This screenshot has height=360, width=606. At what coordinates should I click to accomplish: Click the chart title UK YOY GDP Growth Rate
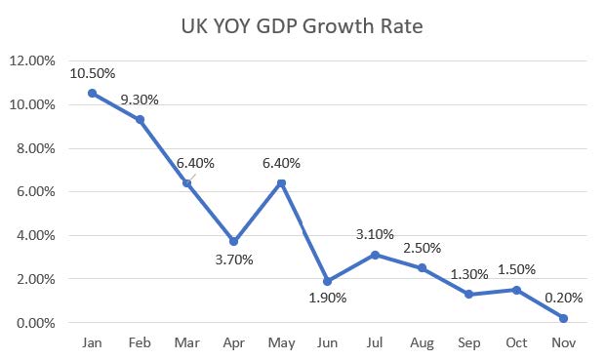pos(302,26)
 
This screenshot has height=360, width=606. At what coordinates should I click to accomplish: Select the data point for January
pos(92,93)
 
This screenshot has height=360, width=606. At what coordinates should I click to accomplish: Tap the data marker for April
pos(233,241)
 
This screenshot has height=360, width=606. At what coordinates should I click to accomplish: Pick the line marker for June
pos(327,281)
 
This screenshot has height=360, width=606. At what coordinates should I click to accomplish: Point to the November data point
pos(563,318)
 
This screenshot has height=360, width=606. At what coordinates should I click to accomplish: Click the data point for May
pos(281,183)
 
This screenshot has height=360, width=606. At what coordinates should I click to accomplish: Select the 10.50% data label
pos(93,73)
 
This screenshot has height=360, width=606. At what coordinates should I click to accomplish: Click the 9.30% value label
pos(140,100)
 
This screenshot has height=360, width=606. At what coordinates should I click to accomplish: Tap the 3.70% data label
pos(234,260)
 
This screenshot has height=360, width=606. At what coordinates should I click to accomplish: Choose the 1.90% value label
pos(327,298)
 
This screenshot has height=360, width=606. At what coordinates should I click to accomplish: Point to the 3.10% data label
pos(375,234)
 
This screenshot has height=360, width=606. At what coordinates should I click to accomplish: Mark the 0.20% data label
pos(563,298)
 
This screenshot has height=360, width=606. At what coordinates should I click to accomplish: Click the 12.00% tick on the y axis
pos(32,60)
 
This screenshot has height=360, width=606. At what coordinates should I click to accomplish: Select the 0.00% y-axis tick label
pos(35,323)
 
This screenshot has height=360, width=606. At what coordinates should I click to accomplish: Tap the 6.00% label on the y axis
pos(35,191)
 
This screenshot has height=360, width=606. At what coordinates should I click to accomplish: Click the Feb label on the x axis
pos(140,342)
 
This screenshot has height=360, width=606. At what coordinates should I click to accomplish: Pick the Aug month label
pos(422,342)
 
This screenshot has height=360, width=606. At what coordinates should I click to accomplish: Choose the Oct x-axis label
pos(516,342)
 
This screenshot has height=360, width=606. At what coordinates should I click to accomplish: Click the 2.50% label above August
pos(422,248)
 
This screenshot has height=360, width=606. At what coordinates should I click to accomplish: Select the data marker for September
pos(469,295)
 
